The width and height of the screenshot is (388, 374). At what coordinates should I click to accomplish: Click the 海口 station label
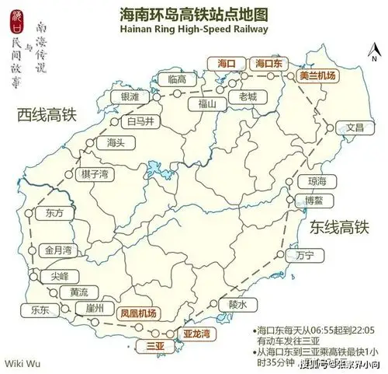(227, 62)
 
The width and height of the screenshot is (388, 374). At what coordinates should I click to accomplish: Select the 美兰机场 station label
(317, 76)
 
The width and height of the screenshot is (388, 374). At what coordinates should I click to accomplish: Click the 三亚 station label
(156, 343)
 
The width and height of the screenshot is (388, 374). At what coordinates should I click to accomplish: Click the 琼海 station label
(317, 180)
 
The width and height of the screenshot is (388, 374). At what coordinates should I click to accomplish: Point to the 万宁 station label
(304, 255)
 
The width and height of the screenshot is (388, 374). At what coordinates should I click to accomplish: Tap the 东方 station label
(54, 212)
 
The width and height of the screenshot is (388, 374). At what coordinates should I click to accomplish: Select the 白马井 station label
(140, 121)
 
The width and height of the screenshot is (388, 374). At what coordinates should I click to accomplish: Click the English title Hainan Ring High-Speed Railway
(194, 29)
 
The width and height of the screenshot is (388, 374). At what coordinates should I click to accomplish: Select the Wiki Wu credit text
(23, 362)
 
